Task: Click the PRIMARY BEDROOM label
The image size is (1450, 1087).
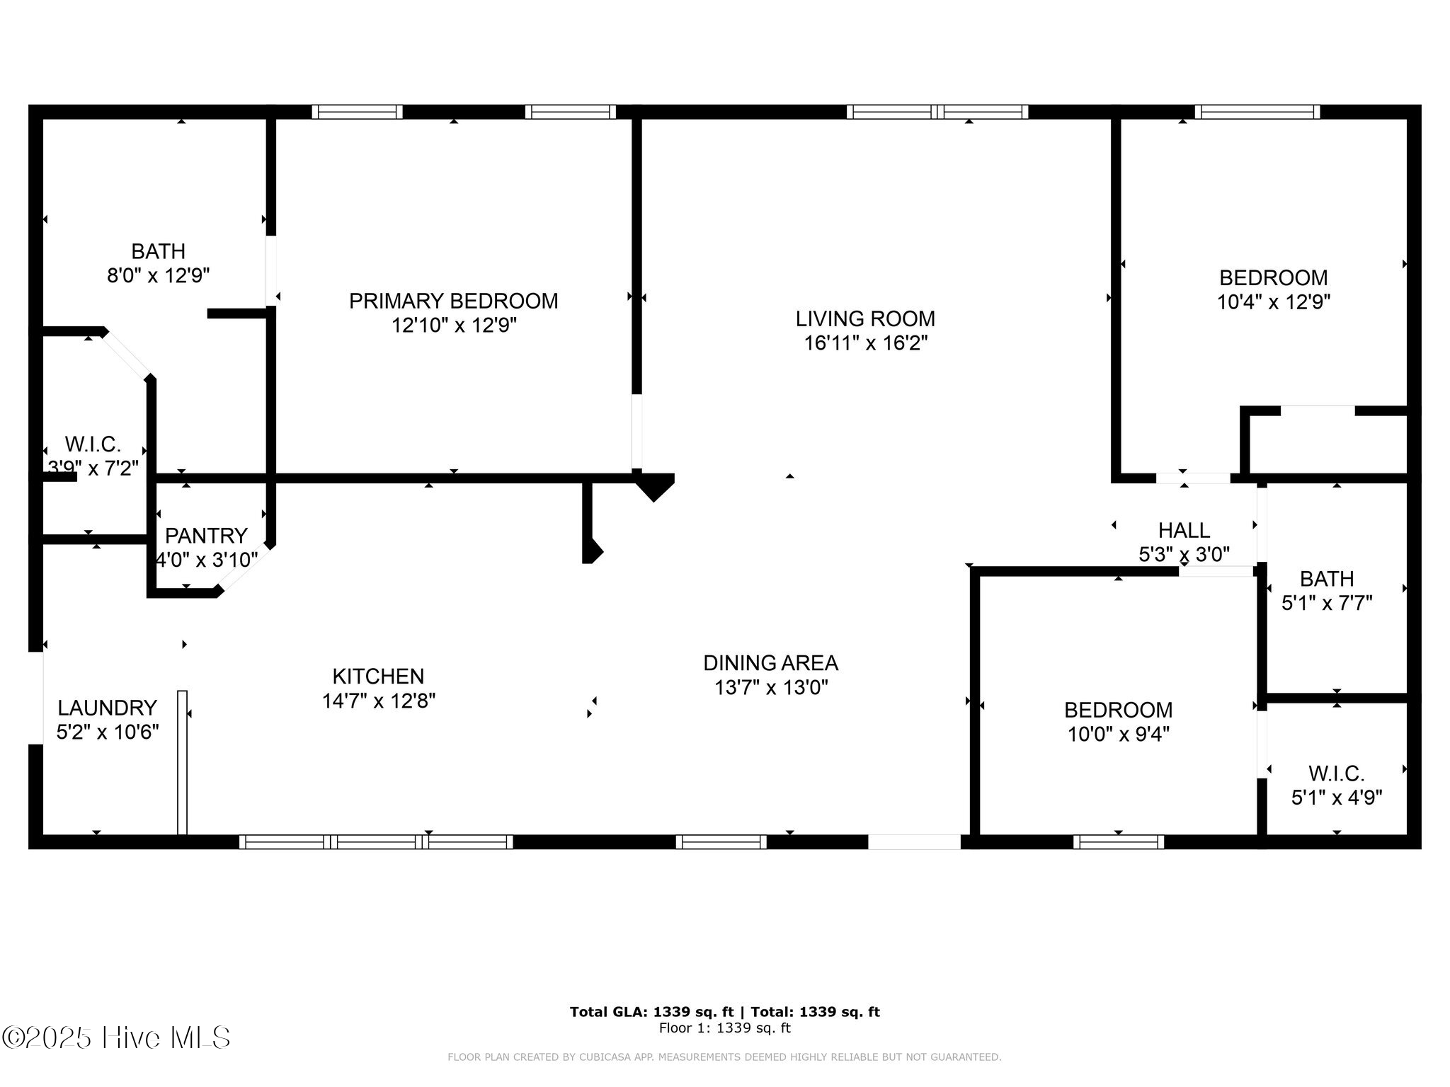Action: click(x=453, y=301)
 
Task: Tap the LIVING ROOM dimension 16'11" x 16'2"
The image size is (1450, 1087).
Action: click(x=865, y=343)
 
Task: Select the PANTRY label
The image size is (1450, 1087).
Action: click(x=206, y=535)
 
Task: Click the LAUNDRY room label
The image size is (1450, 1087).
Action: click(x=107, y=708)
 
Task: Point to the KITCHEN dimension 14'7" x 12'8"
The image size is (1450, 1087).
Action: click(x=378, y=701)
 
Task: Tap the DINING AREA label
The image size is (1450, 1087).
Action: click(x=770, y=663)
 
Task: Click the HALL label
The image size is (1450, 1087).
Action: click(x=1184, y=530)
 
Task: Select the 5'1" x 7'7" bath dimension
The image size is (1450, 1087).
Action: click(x=1327, y=604)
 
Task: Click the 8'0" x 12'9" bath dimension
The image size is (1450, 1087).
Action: click(x=159, y=275)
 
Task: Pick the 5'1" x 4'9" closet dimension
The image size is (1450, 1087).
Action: click(x=1336, y=798)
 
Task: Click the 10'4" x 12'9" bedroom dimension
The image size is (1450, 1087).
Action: click(x=1273, y=302)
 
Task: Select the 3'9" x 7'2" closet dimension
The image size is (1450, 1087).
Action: click(x=93, y=468)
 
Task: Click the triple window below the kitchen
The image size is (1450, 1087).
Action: click(x=376, y=841)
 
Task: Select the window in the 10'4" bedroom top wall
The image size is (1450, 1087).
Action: click(x=1257, y=112)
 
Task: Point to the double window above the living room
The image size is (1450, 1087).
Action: click(x=937, y=112)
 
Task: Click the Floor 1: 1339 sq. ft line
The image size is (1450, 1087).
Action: click(x=724, y=1028)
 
